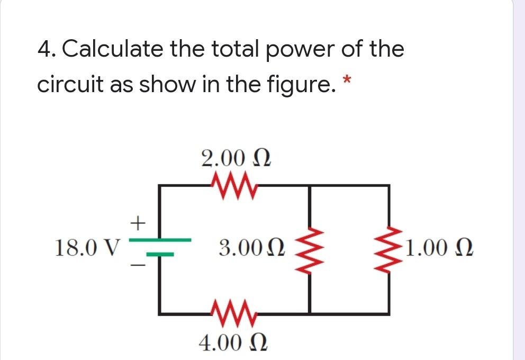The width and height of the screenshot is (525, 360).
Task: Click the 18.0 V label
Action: (x=88, y=247)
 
